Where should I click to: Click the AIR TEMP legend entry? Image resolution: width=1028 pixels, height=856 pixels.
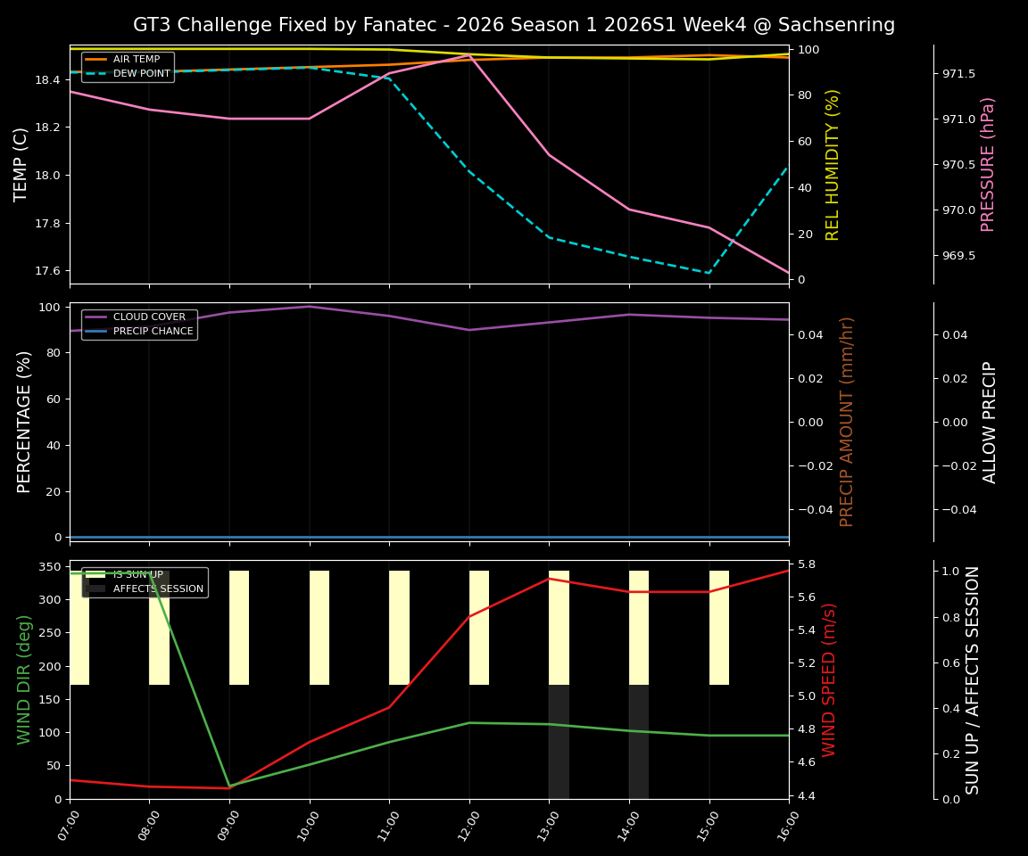pyautogui.click(x=136, y=60)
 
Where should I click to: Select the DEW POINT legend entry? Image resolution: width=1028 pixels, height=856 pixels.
pyautogui.click(x=141, y=74)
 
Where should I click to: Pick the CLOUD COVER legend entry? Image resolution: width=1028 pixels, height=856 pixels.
pyautogui.click(x=149, y=317)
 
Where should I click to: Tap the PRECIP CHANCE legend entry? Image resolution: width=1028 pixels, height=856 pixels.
pyautogui.click(x=153, y=332)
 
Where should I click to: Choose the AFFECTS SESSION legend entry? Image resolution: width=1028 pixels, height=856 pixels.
pyautogui.click(x=158, y=589)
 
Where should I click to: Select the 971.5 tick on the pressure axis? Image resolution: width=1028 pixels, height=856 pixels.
pyautogui.click(x=958, y=74)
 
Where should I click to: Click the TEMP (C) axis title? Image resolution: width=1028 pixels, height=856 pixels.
pyautogui.click(x=22, y=164)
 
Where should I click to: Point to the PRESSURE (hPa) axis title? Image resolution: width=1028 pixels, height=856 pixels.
pyautogui.click(x=988, y=164)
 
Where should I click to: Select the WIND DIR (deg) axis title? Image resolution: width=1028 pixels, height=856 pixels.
pyautogui.click(x=24, y=679)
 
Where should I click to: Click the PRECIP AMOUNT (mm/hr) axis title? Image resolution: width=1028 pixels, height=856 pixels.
pyautogui.click(x=847, y=422)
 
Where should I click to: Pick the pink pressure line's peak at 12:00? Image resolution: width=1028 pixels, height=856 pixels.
pyautogui.click(x=469, y=55)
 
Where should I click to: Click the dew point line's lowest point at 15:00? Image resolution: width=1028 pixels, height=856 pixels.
pyautogui.click(x=709, y=273)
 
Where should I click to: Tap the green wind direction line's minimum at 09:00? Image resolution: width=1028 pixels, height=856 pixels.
pyautogui.click(x=229, y=786)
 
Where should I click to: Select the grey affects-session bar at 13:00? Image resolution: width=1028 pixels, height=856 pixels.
pyautogui.click(x=559, y=742)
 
